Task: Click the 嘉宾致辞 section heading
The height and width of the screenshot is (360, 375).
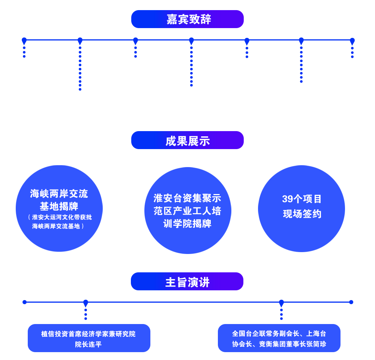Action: point(187,19)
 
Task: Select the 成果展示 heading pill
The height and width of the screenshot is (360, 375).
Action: point(187,141)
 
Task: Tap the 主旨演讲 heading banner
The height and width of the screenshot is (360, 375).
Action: point(187,282)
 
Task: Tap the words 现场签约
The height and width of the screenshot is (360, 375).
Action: point(302,214)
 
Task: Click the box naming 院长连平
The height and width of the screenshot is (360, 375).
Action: point(89,338)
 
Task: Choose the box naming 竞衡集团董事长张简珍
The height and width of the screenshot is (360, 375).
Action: point(279,338)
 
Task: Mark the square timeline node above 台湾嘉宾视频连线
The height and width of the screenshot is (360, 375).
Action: point(80,40)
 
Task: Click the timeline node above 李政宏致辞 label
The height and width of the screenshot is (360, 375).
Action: point(191,40)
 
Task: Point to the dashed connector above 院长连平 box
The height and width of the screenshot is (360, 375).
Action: point(86,313)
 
